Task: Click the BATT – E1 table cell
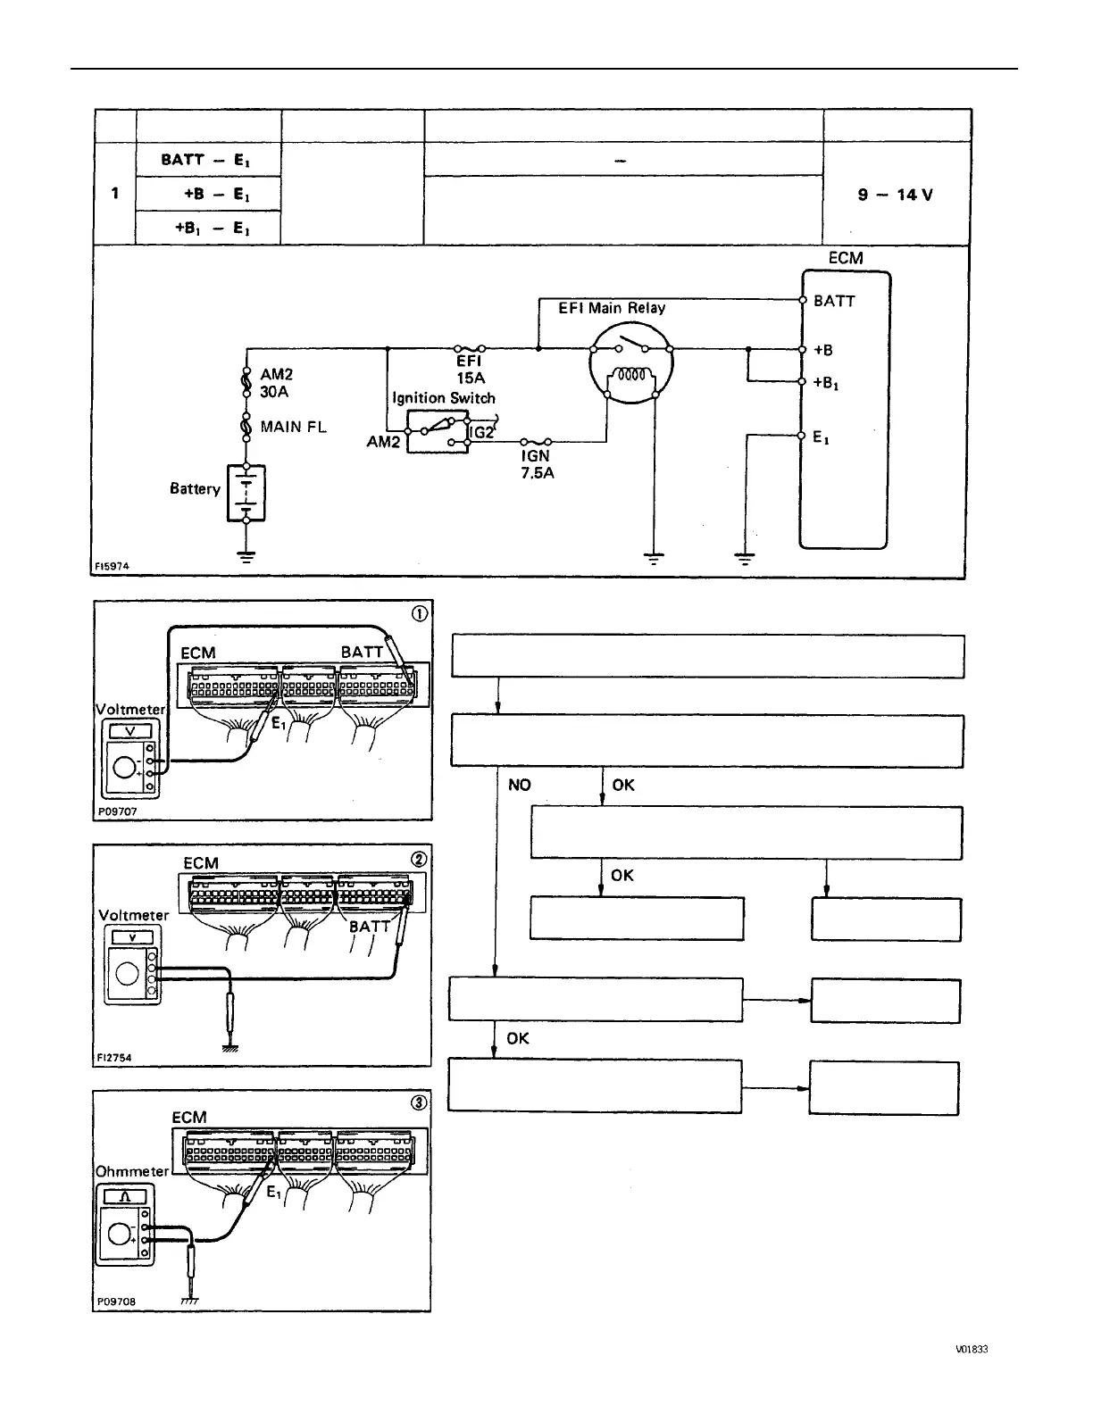pos(207,160)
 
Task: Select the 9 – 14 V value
pos(895,195)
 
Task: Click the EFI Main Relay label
pos(612,308)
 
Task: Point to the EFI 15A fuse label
pos(470,369)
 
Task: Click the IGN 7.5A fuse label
pos(537,464)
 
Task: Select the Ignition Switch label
pos(443,398)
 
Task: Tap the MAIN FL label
pos(293,427)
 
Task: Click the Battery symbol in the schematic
pos(246,492)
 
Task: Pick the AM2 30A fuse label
pos(275,383)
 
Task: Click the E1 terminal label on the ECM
pos(821,437)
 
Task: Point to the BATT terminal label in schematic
pos(834,302)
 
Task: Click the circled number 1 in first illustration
pos(418,613)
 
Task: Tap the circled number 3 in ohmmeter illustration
pos(418,1102)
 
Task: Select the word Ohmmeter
pos(131,1171)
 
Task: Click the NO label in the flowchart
pos(519,785)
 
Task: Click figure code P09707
pos(117,812)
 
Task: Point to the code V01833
pos(971,1349)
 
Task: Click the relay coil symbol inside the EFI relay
pos(631,376)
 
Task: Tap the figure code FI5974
pos(113,566)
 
